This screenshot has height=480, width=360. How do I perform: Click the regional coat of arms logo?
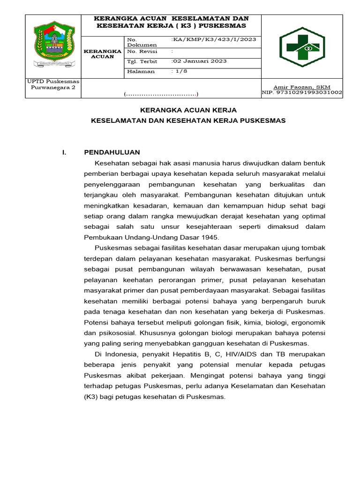52,46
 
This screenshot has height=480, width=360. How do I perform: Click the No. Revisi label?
142,52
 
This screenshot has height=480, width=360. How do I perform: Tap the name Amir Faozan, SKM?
302,87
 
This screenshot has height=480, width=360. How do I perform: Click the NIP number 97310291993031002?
302,93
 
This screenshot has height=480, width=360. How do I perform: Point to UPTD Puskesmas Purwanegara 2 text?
52,84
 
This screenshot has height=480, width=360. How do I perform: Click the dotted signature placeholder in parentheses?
161,95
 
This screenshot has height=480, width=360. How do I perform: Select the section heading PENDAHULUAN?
112,152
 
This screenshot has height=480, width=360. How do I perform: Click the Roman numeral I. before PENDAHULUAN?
65,152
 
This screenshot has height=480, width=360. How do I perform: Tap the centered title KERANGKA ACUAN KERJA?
188,110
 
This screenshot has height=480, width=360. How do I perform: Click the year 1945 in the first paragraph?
210,237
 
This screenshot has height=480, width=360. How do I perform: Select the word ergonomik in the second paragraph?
308,322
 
